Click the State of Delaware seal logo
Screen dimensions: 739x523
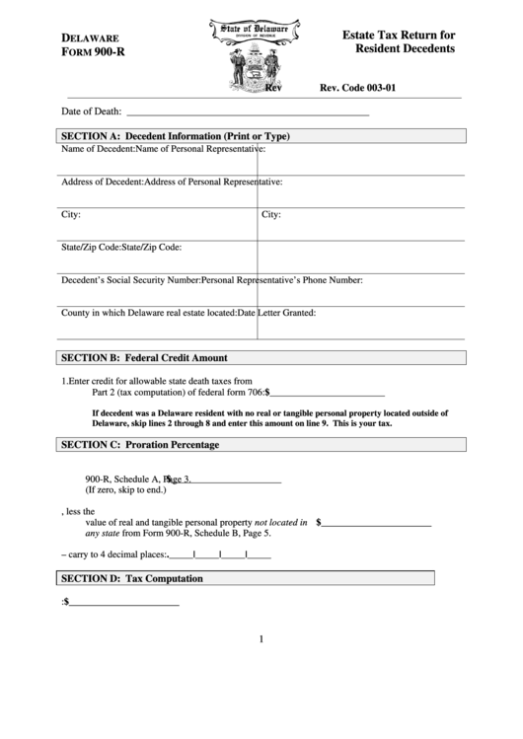(247, 57)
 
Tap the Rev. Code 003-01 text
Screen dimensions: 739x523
(357, 88)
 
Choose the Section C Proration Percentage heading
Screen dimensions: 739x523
(139, 445)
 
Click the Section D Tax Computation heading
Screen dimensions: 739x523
(131, 578)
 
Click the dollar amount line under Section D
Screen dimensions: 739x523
(123, 601)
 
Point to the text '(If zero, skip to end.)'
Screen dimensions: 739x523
(125, 489)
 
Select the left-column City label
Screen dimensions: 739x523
(71, 214)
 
